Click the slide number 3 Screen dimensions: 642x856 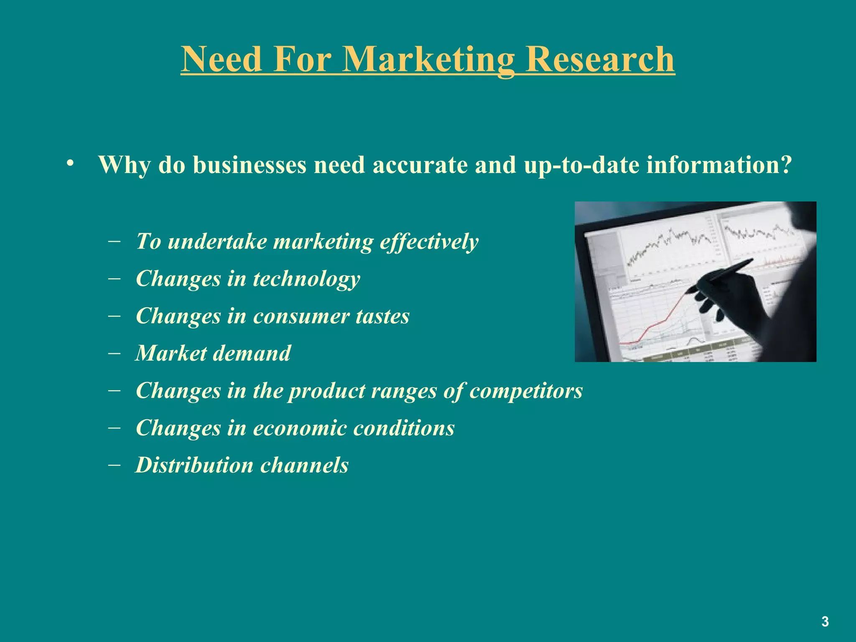pos(825,622)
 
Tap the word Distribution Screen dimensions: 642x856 pos(194,465)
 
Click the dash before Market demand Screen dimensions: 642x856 pos(114,353)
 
